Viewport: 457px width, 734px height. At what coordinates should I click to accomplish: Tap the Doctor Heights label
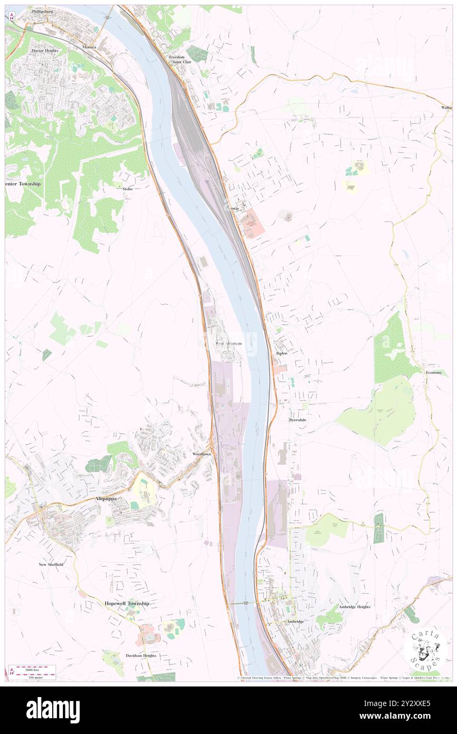pyautogui.click(x=44, y=51)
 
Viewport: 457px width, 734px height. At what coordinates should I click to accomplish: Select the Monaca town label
pyautogui.click(x=90, y=47)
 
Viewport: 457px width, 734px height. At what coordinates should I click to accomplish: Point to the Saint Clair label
pyautogui.click(x=177, y=62)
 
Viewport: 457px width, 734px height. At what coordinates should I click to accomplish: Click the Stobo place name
pyautogui.click(x=127, y=189)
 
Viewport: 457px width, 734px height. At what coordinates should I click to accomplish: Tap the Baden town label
pyautogui.click(x=281, y=353)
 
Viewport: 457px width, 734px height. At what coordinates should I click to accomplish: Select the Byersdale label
pyautogui.click(x=298, y=420)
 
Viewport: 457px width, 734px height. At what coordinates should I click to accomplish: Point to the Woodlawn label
pyautogui.click(x=202, y=454)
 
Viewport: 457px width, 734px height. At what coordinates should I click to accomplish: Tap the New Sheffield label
pyautogui.click(x=51, y=564)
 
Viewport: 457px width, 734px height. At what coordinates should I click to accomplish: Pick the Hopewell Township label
pyautogui.click(x=127, y=603)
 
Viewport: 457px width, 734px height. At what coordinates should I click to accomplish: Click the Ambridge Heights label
pyautogui.click(x=354, y=607)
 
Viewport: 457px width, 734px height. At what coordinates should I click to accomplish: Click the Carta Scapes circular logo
pyautogui.click(x=425, y=649)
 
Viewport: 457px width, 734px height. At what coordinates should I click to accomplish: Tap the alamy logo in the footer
pyautogui.click(x=53, y=710)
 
